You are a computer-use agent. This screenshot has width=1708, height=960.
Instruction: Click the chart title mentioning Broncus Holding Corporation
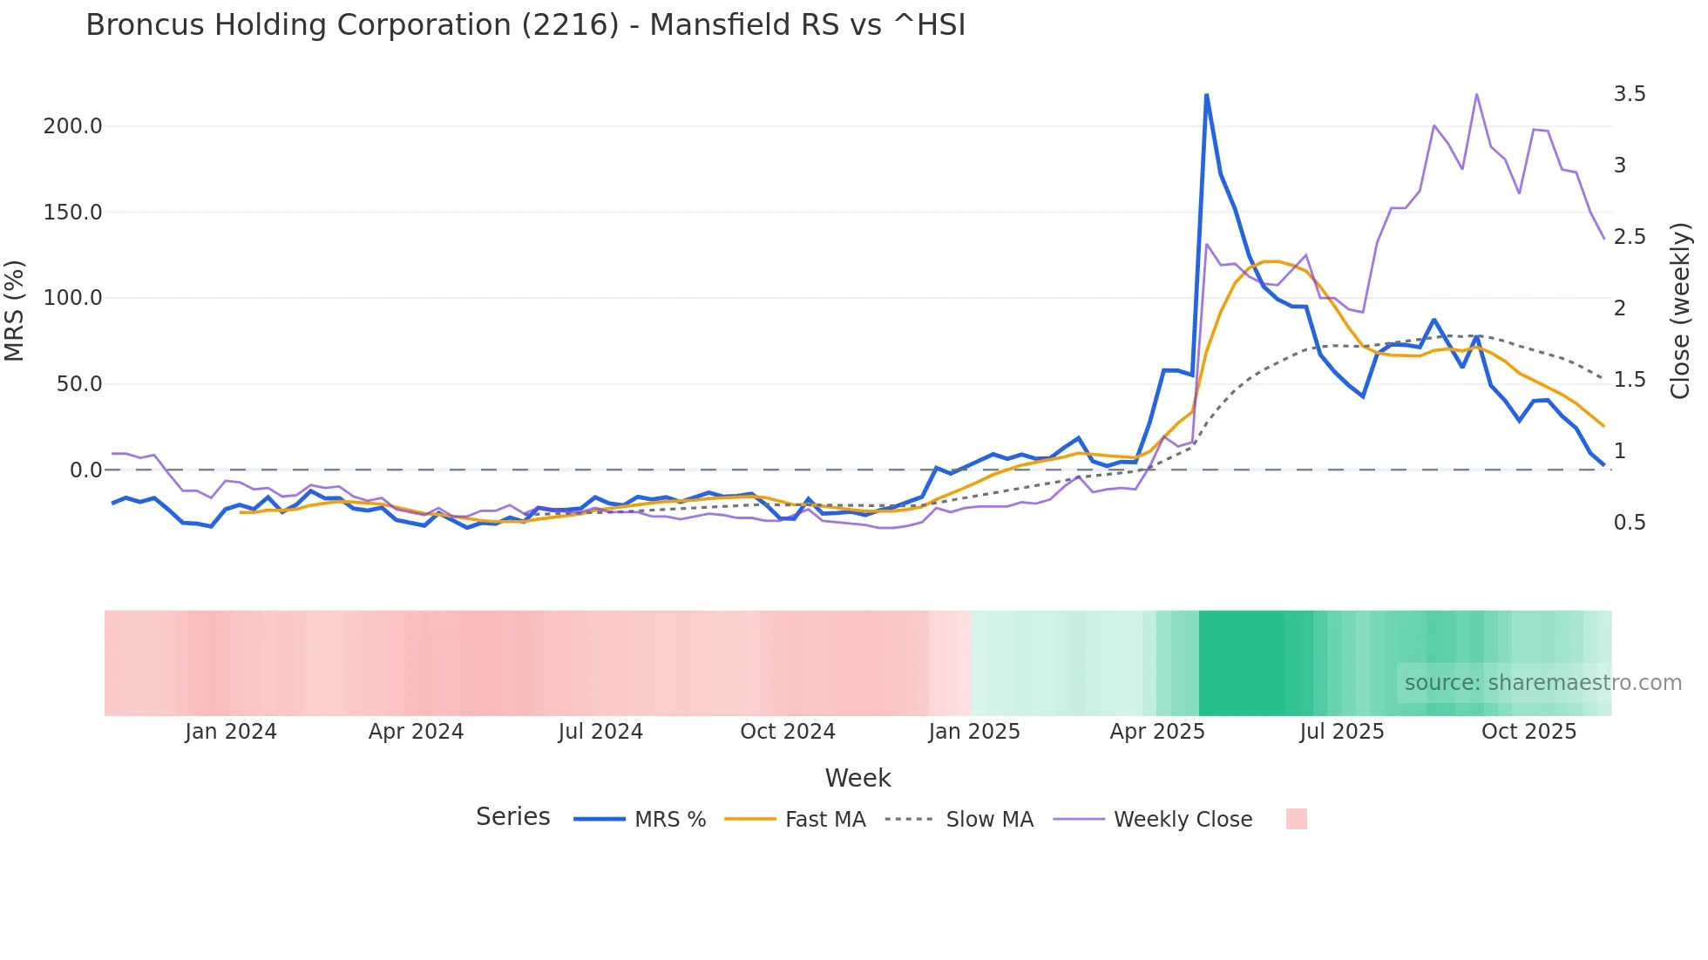(525, 25)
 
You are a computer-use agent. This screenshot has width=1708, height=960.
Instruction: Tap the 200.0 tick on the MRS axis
(72, 126)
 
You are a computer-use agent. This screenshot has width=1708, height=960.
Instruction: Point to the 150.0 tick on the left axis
(72, 213)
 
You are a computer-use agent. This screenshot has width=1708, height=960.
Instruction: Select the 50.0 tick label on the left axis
(78, 384)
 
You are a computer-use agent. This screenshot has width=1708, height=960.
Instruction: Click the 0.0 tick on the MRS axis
(85, 470)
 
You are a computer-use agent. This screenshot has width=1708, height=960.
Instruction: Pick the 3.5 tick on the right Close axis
(1629, 94)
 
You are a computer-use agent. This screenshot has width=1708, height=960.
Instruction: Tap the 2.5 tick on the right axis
(1629, 237)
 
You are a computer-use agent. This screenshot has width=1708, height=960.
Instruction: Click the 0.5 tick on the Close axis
(1629, 523)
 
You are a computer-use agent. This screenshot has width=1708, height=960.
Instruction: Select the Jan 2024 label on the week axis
(231, 732)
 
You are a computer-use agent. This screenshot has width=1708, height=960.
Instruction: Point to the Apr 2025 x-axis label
(1156, 732)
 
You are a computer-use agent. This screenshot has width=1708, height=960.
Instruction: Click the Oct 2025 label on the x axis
(1528, 732)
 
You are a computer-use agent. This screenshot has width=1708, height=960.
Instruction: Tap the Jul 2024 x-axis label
(600, 732)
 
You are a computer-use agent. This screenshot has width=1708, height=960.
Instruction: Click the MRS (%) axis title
(15, 310)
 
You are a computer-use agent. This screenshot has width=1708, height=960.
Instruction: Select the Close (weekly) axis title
(1680, 310)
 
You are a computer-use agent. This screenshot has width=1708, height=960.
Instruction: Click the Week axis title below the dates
(857, 778)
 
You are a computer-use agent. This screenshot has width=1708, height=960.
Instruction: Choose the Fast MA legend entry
(824, 820)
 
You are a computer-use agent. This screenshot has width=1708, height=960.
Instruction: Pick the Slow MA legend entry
(989, 820)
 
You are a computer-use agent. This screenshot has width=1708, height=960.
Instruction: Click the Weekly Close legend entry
(1183, 820)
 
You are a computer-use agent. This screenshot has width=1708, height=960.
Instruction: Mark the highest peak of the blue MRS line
(1206, 95)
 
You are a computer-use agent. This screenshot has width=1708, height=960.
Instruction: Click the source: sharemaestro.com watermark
(1542, 683)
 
